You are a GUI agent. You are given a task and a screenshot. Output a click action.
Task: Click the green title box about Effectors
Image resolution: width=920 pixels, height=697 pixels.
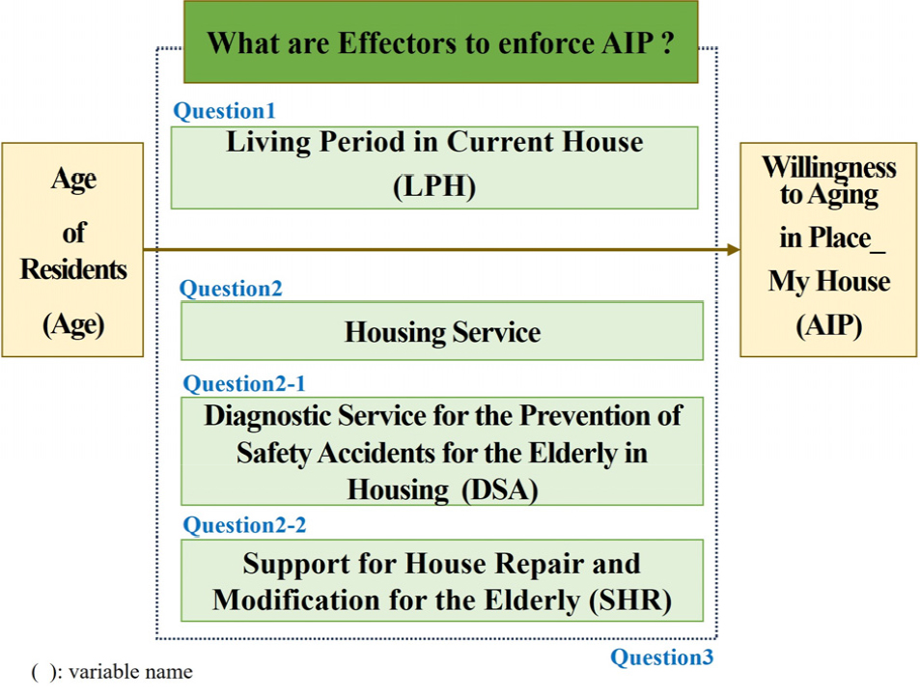(440, 42)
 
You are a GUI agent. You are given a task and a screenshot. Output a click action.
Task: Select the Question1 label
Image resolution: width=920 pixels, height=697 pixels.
(224, 111)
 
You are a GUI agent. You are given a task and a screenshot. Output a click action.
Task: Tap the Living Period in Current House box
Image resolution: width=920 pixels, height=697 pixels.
(433, 166)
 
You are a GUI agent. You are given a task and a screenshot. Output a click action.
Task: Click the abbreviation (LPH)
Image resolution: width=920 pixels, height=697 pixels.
(434, 186)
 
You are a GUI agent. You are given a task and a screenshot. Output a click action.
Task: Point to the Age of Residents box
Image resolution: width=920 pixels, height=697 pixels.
(72, 249)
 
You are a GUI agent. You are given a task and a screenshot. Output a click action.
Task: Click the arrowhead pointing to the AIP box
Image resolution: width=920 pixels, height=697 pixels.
(733, 249)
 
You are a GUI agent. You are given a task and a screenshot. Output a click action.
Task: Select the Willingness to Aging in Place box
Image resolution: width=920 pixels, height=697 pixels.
(828, 249)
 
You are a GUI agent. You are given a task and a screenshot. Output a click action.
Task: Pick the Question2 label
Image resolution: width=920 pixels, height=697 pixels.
(231, 289)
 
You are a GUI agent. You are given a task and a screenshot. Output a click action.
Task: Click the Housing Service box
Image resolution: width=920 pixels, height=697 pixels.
(441, 331)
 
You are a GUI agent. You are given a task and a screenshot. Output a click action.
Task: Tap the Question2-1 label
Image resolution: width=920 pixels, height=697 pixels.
(244, 383)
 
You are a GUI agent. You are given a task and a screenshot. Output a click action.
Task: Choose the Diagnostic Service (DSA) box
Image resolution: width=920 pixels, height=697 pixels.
(441, 451)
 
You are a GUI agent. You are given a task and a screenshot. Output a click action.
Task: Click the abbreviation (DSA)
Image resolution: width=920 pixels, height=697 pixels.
(499, 489)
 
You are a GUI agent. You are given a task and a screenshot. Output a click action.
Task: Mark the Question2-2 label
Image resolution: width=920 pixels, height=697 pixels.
(244, 525)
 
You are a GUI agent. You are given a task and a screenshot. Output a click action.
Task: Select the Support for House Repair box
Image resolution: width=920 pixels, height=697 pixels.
(441, 580)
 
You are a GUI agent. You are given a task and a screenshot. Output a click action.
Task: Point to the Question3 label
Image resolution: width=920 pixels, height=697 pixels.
(662, 658)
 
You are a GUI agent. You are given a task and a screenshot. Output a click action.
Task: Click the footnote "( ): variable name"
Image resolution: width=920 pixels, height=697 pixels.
(111, 672)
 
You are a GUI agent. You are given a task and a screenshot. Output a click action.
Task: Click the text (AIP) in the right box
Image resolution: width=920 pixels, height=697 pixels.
(828, 325)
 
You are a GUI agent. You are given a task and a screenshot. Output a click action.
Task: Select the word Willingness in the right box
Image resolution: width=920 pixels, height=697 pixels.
(828, 167)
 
